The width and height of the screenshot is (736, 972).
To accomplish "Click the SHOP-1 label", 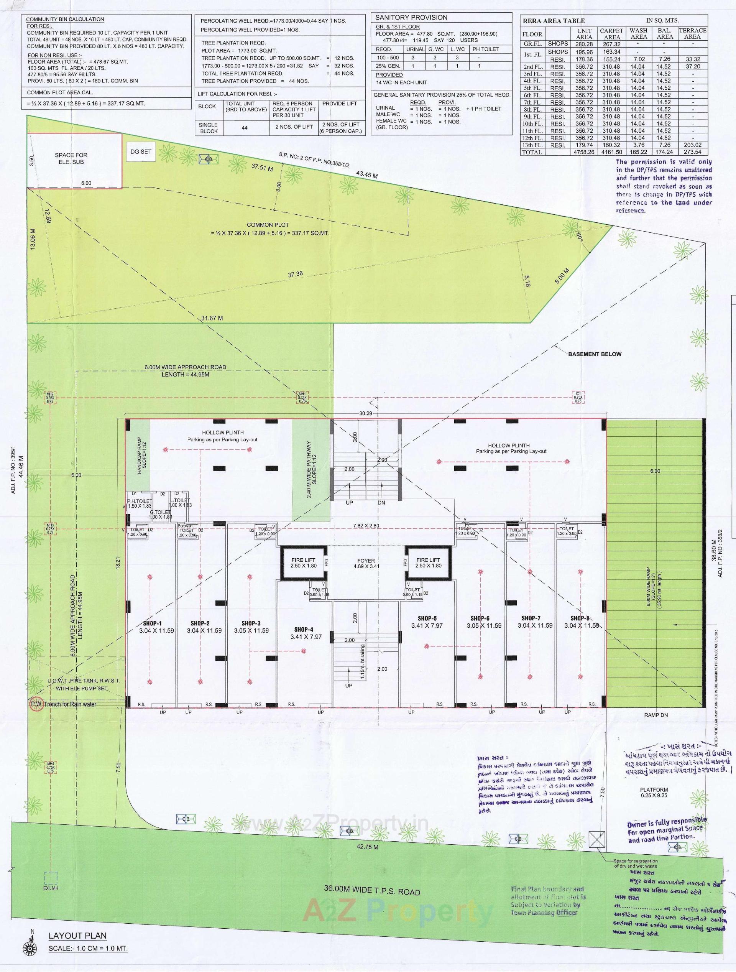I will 153,623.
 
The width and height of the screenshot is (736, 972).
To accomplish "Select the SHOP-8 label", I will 580,618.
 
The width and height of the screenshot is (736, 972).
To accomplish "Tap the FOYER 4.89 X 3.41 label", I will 366,563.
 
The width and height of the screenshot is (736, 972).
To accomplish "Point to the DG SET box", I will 141,151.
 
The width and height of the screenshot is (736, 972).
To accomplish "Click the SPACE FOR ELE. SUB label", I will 71,158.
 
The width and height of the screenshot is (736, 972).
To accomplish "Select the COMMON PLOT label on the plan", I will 268,225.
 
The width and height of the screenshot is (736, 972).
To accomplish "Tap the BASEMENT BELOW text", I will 595,354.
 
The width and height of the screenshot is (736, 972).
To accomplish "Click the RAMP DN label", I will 655,715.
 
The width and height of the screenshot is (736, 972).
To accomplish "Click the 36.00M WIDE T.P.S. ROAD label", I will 372,891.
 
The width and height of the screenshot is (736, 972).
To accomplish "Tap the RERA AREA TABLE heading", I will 554,21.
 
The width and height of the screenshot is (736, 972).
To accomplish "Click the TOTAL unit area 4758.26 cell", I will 584,152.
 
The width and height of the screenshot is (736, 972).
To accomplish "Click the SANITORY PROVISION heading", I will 411,18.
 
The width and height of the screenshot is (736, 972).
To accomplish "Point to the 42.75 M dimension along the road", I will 368,847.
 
